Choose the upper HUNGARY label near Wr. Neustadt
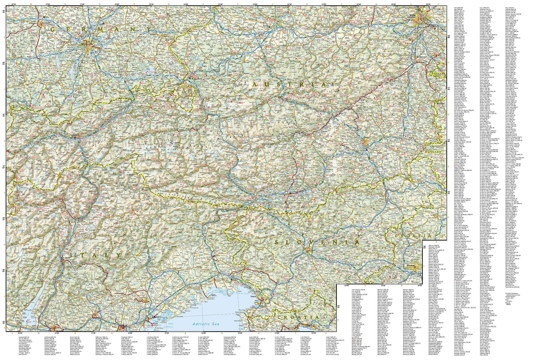[x=437, y=73]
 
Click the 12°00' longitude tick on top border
[x=117, y=4]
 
